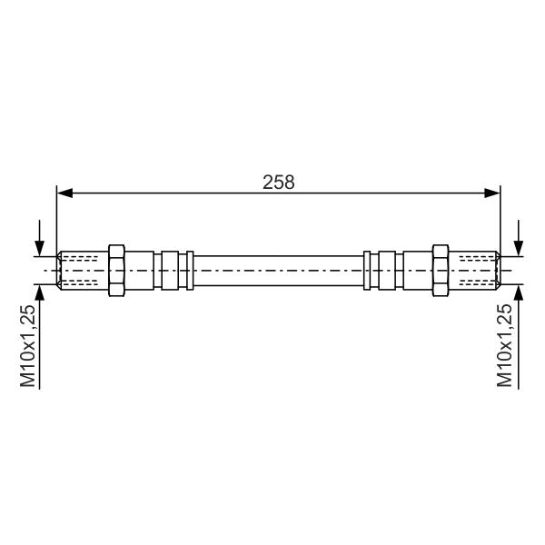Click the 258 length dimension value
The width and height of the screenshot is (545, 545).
pyautogui.click(x=279, y=183)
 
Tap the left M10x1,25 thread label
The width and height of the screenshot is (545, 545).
pyautogui.click(x=28, y=346)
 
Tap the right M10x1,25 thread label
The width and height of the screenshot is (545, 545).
pyautogui.click(x=505, y=346)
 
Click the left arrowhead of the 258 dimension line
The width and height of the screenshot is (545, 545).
pyautogui.click(x=64, y=193)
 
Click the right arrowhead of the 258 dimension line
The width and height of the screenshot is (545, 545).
pyautogui.click(x=492, y=193)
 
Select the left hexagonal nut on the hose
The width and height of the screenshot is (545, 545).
pyautogui.click(x=116, y=271)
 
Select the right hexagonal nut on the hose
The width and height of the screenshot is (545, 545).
pyautogui.click(x=441, y=271)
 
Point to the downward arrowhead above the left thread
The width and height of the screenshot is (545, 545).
pyautogui.click(x=40, y=249)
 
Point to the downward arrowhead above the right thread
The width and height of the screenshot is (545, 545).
pyautogui.click(x=519, y=249)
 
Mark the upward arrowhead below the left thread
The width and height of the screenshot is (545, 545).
pyautogui.click(x=40, y=292)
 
